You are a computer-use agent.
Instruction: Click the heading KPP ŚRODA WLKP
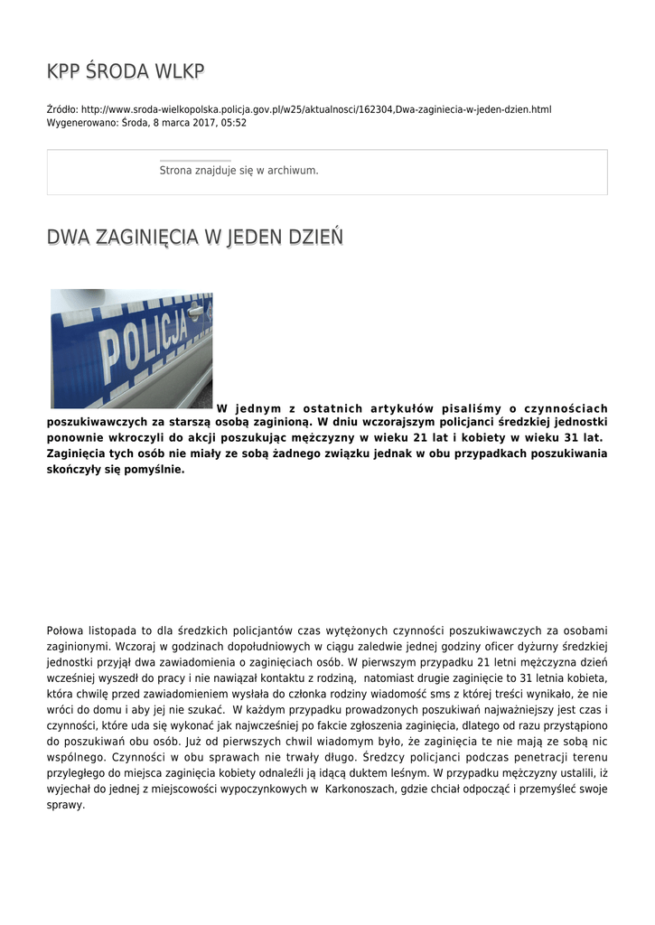pyautogui.click(x=126, y=71)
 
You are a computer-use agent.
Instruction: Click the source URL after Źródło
pyautogui.click(x=316, y=109)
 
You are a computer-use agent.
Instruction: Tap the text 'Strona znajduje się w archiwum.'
pyautogui.click(x=239, y=170)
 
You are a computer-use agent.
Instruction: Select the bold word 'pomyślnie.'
pyautogui.click(x=151, y=470)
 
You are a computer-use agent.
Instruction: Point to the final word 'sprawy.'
pyautogui.click(x=65, y=804)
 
